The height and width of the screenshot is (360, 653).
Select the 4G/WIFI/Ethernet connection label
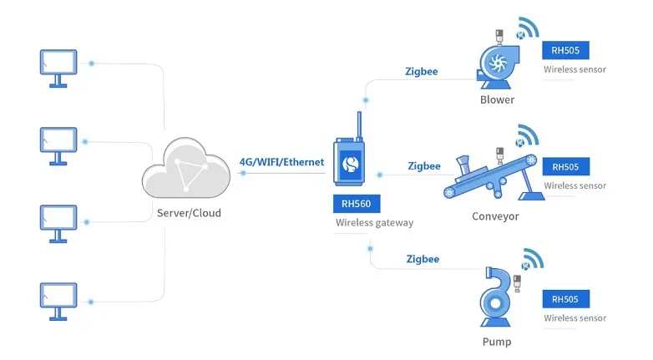pyautogui.click(x=281, y=162)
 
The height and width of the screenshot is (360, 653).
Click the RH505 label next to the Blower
pyautogui.click(x=565, y=49)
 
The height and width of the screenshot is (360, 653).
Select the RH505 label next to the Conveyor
pyautogui.click(x=565, y=166)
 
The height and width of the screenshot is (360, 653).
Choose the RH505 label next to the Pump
pyautogui.click(x=565, y=298)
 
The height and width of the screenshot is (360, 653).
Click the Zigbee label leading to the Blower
pyautogui.click(x=421, y=72)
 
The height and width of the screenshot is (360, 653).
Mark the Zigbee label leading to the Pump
pyautogui.click(x=422, y=259)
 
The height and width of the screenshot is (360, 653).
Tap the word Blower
pyautogui.click(x=497, y=100)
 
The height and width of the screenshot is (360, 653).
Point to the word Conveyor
pyautogui.click(x=495, y=216)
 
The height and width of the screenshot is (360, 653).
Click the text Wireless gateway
pyautogui.click(x=374, y=223)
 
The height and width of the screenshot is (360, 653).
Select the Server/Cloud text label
pyautogui.click(x=189, y=213)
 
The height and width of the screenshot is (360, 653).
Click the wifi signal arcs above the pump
pyautogui.click(x=532, y=259)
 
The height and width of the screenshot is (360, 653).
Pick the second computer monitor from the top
pyautogui.click(x=58, y=144)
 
